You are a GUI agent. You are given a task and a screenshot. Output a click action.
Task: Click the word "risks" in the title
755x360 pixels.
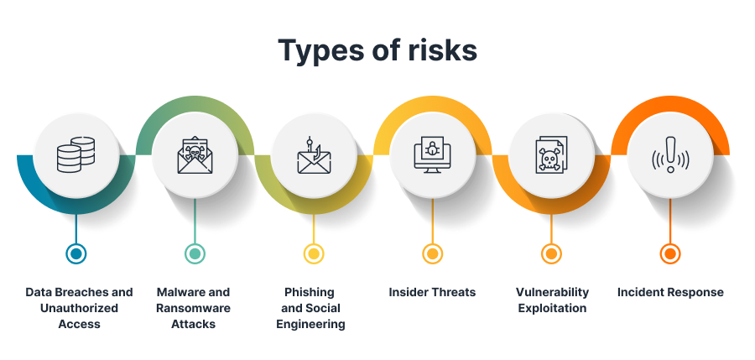point(442,50)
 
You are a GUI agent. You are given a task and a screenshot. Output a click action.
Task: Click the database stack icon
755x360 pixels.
point(75,154)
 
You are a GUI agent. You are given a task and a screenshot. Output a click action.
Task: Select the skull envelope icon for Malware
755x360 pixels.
point(195,155)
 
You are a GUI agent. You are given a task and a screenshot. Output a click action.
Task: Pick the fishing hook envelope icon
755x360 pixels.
point(314,154)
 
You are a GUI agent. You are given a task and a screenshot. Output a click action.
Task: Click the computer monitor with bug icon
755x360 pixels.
point(432,154)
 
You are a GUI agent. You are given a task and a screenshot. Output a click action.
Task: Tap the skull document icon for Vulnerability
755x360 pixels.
point(551,154)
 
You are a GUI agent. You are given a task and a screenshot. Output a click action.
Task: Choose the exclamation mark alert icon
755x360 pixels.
point(670,154)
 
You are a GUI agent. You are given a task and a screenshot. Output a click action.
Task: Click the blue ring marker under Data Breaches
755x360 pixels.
point(75,253)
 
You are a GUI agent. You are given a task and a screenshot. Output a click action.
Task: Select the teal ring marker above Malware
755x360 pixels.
point(195,253)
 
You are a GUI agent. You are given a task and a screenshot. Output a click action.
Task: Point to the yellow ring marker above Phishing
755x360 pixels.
point(314,253)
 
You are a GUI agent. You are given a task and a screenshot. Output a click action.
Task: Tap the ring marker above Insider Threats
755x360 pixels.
point(432,253)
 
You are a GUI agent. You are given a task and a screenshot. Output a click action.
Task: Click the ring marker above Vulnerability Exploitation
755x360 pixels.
point(551,253)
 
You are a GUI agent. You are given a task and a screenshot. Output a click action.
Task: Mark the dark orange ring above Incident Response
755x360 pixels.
point(670,253)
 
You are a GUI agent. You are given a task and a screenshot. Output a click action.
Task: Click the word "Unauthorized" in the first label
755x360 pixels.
point(79,308)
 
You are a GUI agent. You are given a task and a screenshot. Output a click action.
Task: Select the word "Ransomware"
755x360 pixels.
point(193,308)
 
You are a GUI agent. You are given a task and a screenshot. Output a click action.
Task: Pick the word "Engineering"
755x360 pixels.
point(310,325)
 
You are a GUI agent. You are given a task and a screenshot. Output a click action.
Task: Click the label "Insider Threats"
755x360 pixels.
point(432,292)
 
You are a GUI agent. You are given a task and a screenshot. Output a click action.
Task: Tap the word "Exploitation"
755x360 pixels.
point(552,309)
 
